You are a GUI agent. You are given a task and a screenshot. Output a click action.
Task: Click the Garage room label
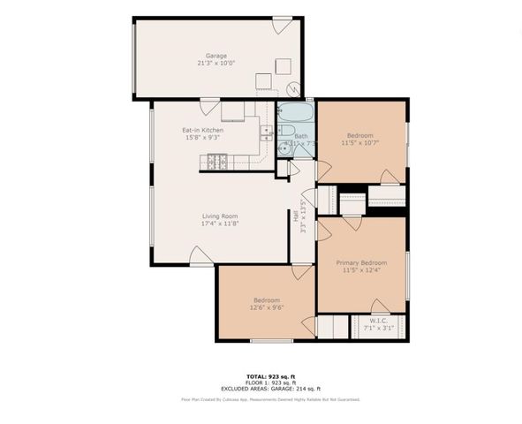[216, 55]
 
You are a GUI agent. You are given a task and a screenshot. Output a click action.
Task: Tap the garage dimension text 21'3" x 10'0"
[216, 64]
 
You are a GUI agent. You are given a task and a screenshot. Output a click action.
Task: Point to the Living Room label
[220, 216]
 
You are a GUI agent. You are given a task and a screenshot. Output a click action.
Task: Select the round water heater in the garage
[294, 88]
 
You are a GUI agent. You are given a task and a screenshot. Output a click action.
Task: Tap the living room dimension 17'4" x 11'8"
[220, 223]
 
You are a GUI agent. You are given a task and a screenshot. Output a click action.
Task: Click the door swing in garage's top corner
[282, 26]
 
